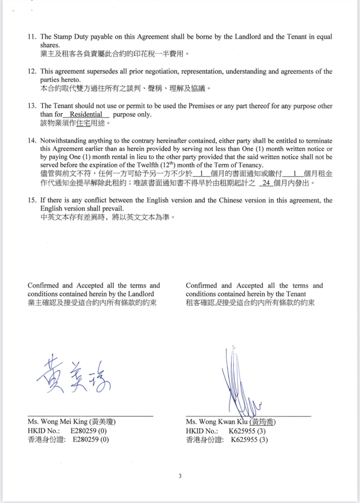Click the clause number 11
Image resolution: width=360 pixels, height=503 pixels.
click(32, 37)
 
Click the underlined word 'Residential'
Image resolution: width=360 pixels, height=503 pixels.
click(86, 114)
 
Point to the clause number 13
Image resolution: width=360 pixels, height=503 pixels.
click(32, 106)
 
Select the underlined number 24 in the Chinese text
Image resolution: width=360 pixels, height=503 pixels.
click(266, 183)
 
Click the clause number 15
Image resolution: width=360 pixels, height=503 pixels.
click(32, 200)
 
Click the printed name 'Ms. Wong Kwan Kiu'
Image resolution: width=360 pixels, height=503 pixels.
click(217, 422)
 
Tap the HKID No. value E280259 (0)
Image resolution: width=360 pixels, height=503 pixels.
click(88, 431)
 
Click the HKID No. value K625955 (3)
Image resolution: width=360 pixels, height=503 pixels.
click(247, 431)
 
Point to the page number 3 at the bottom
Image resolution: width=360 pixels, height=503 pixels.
click(180, 476)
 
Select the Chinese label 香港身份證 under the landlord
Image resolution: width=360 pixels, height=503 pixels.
click(46, 440)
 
